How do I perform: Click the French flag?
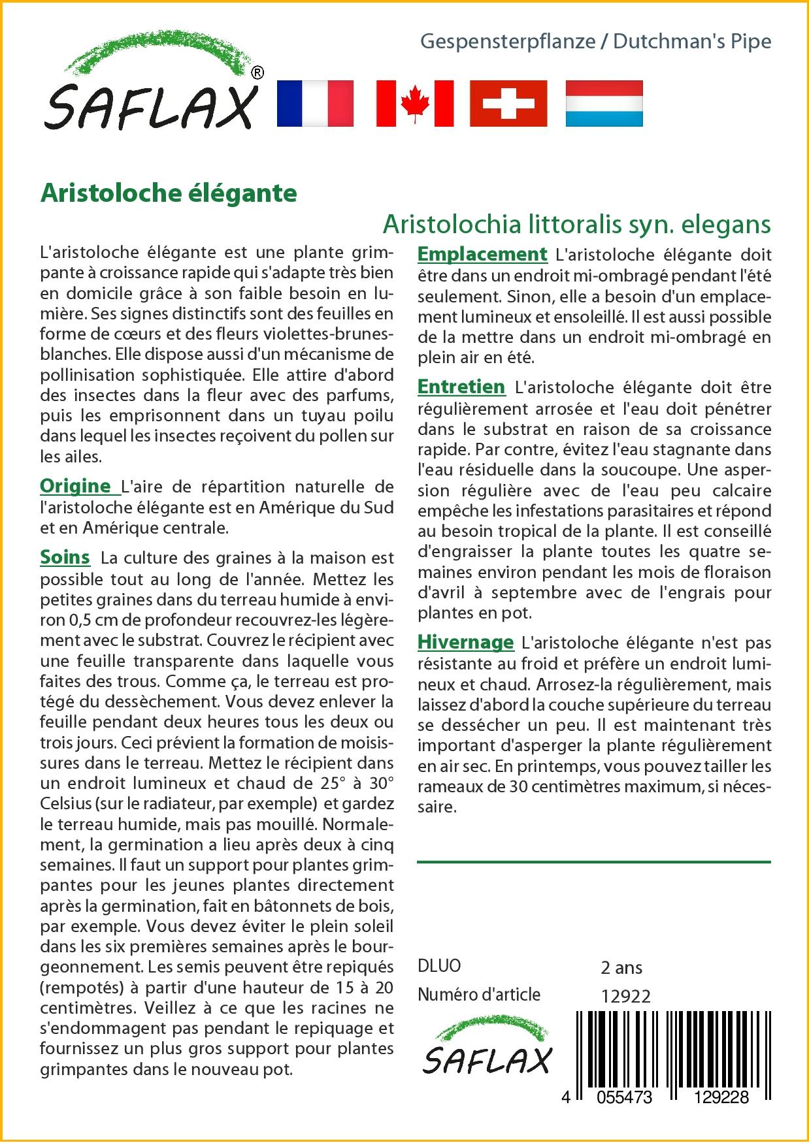point(315,103)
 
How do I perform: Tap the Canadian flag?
point(414,103)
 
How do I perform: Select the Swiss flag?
point(508,103)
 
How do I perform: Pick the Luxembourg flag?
point(604,103)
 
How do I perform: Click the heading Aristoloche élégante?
point(169,193)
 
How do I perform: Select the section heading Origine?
point(76,486)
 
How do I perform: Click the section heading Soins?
point(65,557)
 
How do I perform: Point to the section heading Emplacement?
point(482,254)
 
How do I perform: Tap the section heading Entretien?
point(461,387)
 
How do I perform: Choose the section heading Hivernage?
point(466,642)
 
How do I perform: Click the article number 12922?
point(625,996)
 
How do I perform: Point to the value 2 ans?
point(621,967)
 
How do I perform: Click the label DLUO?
point(439,966)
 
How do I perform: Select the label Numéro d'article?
point(479,995)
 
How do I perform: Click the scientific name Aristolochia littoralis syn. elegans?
point(576,224)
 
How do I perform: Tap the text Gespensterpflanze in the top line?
point(508,41)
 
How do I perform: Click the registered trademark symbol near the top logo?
point(257,73)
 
